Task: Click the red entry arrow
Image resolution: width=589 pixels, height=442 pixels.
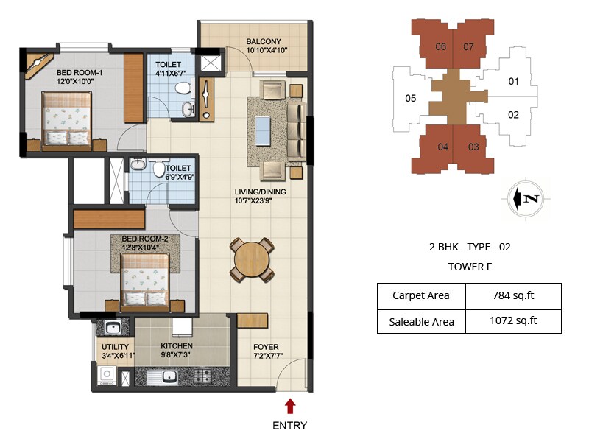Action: pos(290,405)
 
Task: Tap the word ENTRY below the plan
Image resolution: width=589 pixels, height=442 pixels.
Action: pos(290,425)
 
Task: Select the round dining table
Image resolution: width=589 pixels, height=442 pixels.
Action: pos(253,258)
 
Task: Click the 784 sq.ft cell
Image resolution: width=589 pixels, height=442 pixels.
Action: pos(513,296)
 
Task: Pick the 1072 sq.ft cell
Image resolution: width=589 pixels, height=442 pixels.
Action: pos(513,320)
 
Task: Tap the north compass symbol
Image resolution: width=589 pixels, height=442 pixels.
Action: pos(526,198)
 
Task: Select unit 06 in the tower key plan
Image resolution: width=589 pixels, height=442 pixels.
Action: pos(441,46)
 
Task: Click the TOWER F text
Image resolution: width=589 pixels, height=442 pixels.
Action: pos(469,267)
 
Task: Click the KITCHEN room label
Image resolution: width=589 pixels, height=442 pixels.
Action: pos(177,346)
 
